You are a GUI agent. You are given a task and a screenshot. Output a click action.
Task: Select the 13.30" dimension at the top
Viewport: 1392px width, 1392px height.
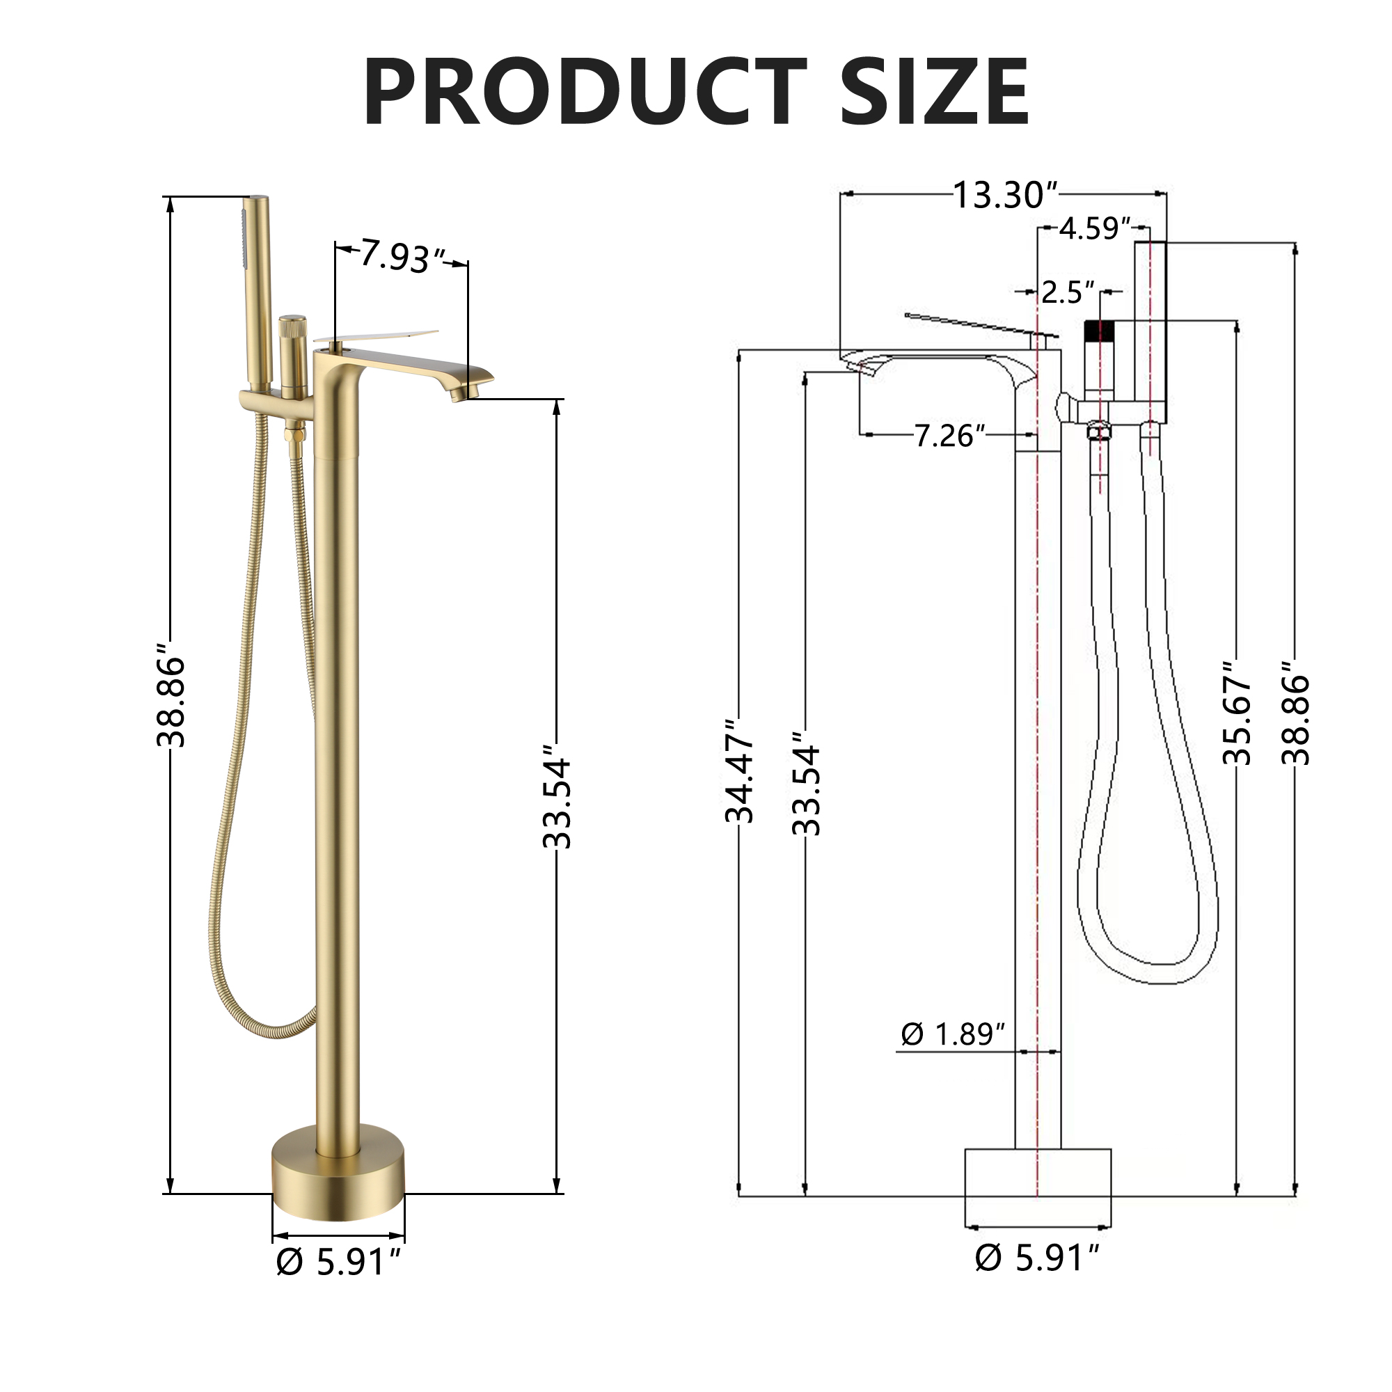click(x=1005, y=195)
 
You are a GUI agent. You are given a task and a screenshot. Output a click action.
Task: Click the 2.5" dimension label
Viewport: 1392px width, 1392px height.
click(x=1068, y=292)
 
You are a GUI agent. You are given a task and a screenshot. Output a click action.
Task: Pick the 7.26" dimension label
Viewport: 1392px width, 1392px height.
click(x=949, y=436)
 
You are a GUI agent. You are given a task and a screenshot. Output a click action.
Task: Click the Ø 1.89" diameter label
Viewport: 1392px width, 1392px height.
click(x=953, y=1034)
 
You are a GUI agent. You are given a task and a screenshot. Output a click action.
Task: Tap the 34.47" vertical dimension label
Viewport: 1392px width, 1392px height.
click(x=740, y=770)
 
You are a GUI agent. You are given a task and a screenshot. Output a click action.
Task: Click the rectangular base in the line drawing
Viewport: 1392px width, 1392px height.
click(x=1038, y=1187)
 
